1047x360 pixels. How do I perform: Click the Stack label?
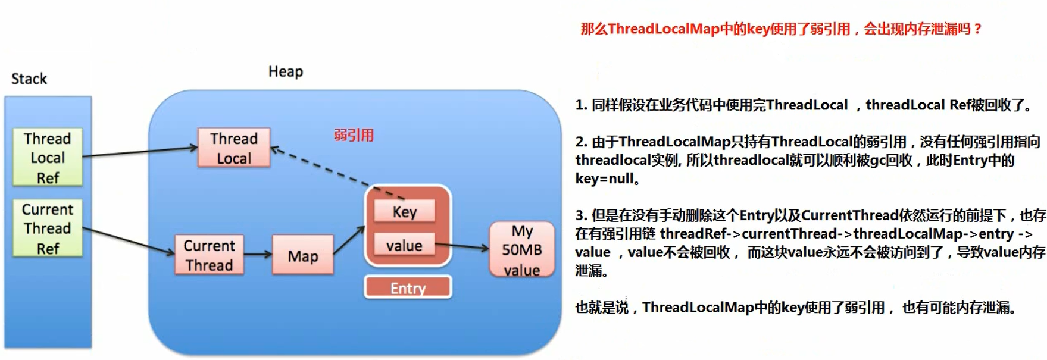click(29, 79)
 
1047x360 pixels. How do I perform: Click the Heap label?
click(286, 71)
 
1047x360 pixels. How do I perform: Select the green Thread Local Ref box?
click(48, 158)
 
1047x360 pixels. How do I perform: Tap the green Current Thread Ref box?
click(48, 228)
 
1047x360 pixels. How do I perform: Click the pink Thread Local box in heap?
click(234, 148)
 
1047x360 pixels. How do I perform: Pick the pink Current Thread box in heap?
click(209, 255)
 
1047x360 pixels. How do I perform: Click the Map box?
click(302, 255)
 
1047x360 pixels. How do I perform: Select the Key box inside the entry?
click(404, 211)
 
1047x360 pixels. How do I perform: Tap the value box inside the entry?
click(404, 245)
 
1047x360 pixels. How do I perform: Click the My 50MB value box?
click(521, 250)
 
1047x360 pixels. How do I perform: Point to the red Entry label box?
click(408, 288)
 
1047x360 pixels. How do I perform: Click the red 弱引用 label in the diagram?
click(354, 135)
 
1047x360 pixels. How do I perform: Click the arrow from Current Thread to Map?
click(257, 255)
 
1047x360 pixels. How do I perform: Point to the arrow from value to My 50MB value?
click(461, 246)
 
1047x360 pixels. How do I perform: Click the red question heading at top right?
click(781, 29)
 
